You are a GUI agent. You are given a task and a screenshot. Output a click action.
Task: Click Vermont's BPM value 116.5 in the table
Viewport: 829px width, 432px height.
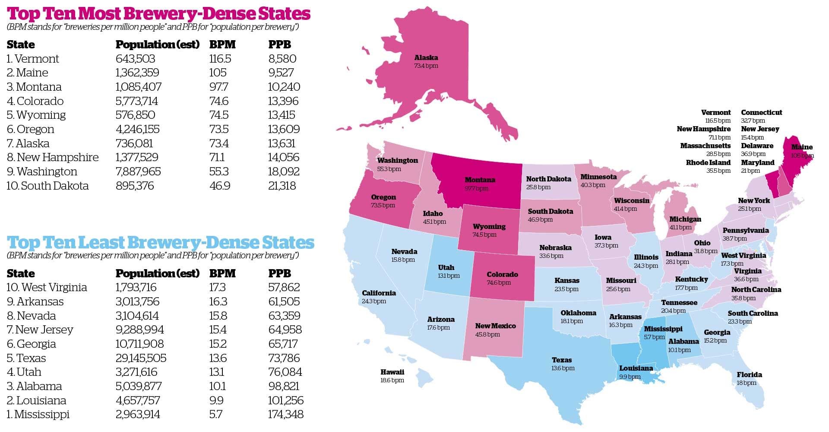[220, 59]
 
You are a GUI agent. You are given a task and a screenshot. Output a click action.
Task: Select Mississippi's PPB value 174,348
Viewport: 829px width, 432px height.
[285, 414]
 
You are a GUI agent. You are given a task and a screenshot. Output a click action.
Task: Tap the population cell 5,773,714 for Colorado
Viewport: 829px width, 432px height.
[136, 101]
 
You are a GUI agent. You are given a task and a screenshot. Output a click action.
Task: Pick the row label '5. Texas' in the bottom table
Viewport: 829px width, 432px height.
[26, 358]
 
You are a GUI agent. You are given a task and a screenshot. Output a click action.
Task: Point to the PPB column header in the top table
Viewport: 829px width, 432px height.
[279, 44]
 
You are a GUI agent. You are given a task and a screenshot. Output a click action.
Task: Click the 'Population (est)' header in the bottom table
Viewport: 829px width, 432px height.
[157, 273]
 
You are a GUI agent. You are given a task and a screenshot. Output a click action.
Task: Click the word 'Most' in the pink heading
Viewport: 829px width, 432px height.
[105, 14]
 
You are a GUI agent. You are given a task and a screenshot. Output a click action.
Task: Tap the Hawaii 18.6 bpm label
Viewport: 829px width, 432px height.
[392, 376]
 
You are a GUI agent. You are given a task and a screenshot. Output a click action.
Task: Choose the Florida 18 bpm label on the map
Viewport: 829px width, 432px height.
[749, 378]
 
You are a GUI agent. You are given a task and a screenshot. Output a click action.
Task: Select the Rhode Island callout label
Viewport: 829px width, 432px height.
[708, 166]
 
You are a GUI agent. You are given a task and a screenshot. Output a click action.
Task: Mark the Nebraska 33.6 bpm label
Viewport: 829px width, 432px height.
[555, 251]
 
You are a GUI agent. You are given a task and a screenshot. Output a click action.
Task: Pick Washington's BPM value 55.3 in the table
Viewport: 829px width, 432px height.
[219, 172]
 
